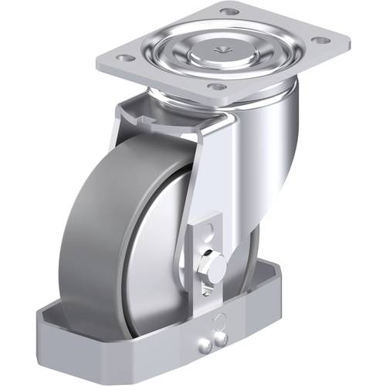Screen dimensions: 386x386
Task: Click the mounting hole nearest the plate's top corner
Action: pyautogui.click(x=229, y=12)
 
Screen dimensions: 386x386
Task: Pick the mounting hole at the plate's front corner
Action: pyautogui.click(x=217, y=86)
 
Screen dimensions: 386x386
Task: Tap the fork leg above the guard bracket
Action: pyautogui.click(x=212, y=170)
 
